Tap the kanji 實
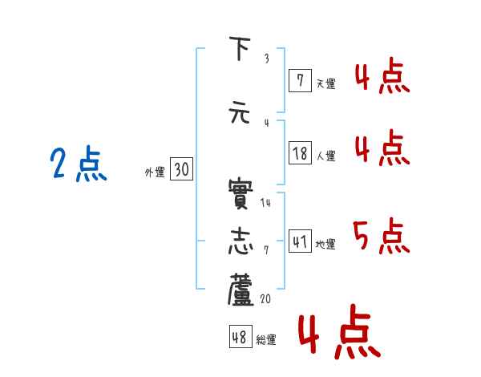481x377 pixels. [x=241, y=193]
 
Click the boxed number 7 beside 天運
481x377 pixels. [x=300, y=80]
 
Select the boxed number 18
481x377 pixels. [x=301, y=153]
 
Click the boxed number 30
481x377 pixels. [x=181, y=170]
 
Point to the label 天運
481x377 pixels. [x=325, y=83]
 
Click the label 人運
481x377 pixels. [x=325, y=156]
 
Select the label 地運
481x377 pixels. [x=325, y=244]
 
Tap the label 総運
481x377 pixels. [x=266, y=340]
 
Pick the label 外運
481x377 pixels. [x=155, y=172]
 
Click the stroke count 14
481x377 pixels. [x=265, y=203]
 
